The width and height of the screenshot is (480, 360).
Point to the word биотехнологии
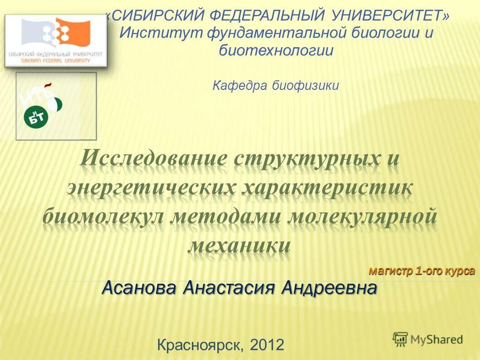(x=276, y=49)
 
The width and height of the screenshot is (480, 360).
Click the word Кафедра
(x=240, y=85)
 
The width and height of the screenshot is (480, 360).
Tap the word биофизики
(x=306, y=85)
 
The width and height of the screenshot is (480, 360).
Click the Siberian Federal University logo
(x=56, y=41)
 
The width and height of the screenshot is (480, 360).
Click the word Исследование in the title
(x=154, y=159)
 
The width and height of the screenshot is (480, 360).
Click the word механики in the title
(x=239, y=245)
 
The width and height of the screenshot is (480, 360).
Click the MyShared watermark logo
(x=428, y=339)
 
